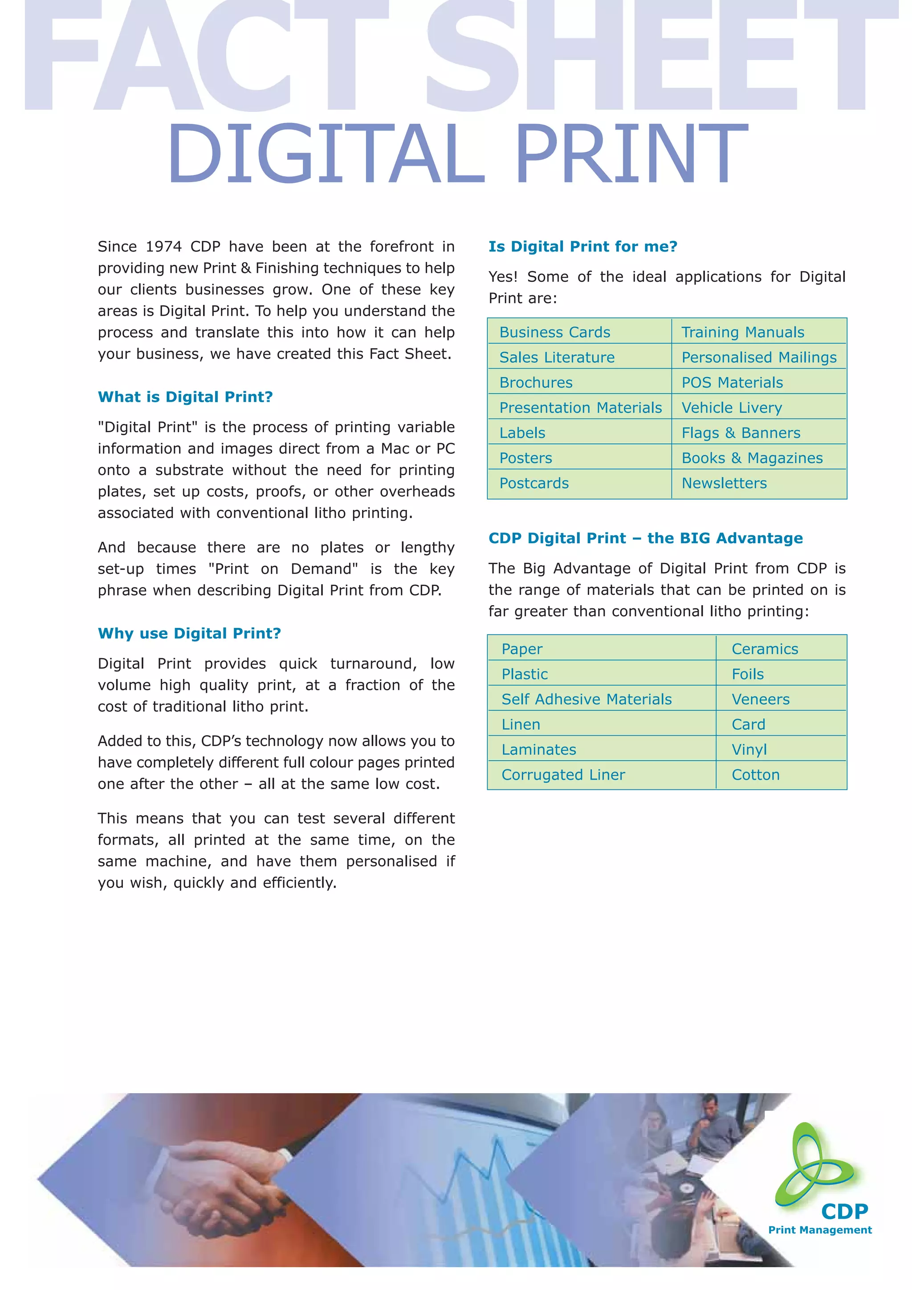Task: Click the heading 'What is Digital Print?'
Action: pos(185,397)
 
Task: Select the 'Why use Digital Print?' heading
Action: pos(189,633)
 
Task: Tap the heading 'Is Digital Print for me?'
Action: pos(583,246)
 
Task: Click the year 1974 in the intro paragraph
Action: pos(163,247)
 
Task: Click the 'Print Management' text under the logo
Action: pos(819,1230)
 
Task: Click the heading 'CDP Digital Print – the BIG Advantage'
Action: pos(645,538)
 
